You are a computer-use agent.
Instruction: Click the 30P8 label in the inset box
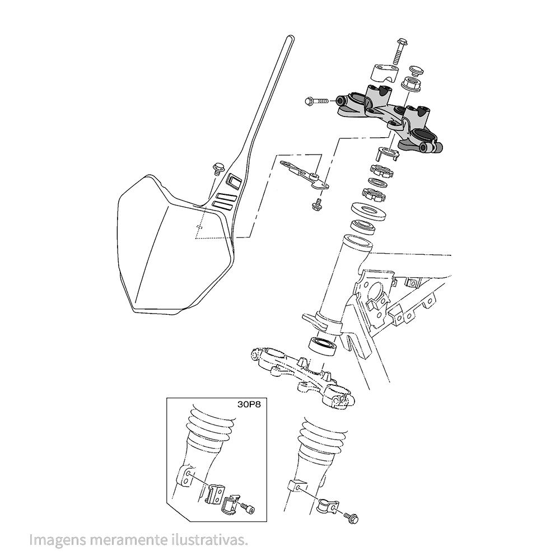(249, 405)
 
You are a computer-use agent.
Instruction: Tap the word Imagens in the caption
(58, 539)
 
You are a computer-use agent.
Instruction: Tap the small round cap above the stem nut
(414, 70)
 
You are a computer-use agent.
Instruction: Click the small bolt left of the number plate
(217, 169)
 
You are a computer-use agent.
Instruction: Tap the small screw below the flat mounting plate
(316, 204)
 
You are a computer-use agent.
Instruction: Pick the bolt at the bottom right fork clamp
(351, 517)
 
